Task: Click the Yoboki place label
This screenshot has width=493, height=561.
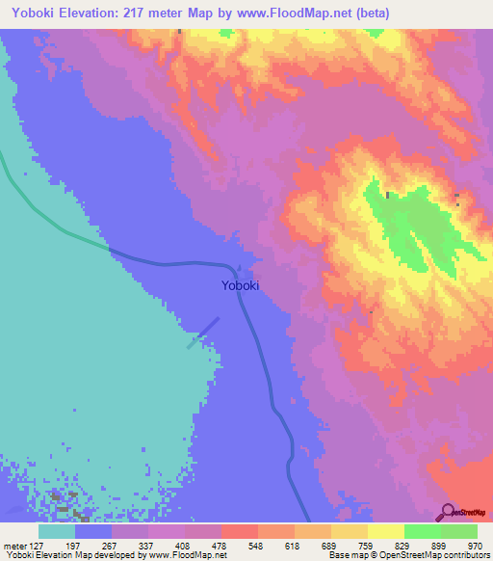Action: tap(240, 285)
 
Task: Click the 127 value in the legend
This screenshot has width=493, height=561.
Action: tap(38, 545)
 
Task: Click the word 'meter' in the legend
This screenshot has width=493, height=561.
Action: tap(13, 545)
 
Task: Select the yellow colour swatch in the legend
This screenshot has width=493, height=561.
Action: tap(386, 531)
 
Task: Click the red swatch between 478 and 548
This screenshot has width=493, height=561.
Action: tap(240, 531)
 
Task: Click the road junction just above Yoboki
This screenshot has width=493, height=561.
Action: tap(236, 268)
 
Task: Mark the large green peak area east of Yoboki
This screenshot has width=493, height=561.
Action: tap(409, 227)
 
